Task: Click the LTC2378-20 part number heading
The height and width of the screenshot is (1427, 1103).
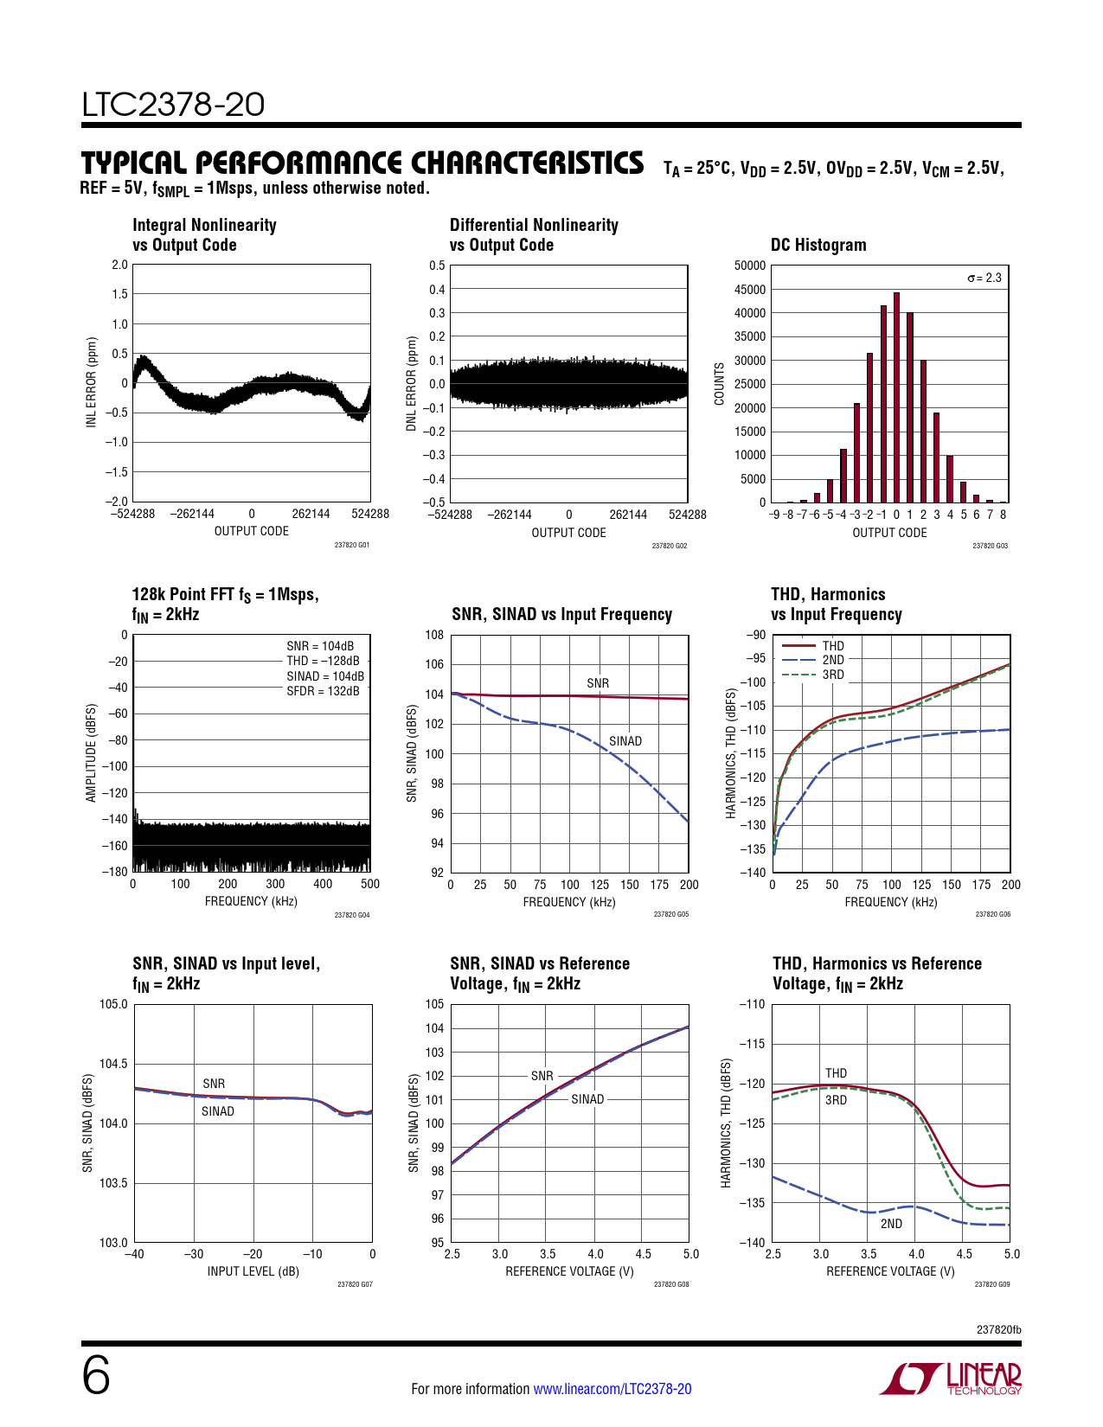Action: point(173,105)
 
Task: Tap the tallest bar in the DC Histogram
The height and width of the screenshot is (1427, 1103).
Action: point(896,397)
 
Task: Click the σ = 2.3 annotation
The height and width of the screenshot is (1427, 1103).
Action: point(984,278)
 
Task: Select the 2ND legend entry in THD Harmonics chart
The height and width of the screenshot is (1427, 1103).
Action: point(832,660)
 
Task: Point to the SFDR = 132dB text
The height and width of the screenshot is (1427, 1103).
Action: point(323,691)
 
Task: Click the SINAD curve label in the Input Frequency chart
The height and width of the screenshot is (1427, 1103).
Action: point(625,741)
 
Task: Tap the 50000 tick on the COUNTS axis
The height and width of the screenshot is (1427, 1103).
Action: point(750,266)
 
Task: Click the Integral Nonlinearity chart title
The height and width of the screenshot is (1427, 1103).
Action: point(204,234)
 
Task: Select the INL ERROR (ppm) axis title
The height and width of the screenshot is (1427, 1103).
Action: point(91,382)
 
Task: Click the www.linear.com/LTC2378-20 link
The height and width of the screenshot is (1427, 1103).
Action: point(612,1389)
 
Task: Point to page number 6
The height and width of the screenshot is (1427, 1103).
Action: point(96,1376)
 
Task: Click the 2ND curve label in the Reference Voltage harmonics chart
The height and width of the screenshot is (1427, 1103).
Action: point(891,1224)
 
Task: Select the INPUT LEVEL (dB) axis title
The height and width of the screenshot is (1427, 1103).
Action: point(253,1271)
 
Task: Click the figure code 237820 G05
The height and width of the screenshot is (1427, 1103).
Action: point(670,914)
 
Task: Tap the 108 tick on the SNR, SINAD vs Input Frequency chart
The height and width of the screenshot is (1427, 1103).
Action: point(434,635)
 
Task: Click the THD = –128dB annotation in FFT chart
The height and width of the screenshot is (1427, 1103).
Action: point(323,661)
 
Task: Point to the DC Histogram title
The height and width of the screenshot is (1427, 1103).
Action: point(818,245)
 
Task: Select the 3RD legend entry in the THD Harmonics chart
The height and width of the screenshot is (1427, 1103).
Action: point(832,675)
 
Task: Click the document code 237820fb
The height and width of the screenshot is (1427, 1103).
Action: point(998,1329)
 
